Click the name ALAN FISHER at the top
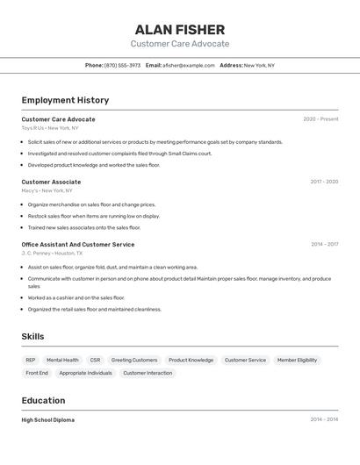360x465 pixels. click(180, 29)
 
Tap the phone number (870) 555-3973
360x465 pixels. click(122, 65)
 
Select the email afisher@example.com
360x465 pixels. click(188, 65)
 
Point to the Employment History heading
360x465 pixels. click(65, 100)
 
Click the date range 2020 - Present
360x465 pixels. click(320, 119)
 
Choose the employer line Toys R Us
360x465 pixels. click(50, 128)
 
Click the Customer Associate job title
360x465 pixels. click(51, 182)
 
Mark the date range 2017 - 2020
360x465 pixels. click(324, 182)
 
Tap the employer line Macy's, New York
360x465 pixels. click(47, 190)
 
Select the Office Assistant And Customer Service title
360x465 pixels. click(78, 245)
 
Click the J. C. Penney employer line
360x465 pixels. click(52, 254)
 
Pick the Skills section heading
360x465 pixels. click(32, 337)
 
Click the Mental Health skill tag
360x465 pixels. click(62, 360)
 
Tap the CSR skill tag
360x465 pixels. click(95, 360)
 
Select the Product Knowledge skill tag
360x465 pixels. click(191, 360)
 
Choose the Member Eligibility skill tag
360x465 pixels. click(297, 360)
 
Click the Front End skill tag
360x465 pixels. click(37, 373)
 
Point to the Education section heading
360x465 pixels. click(44, 400)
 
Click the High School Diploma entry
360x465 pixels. click(48, 420)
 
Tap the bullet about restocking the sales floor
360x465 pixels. click(94, 216)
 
